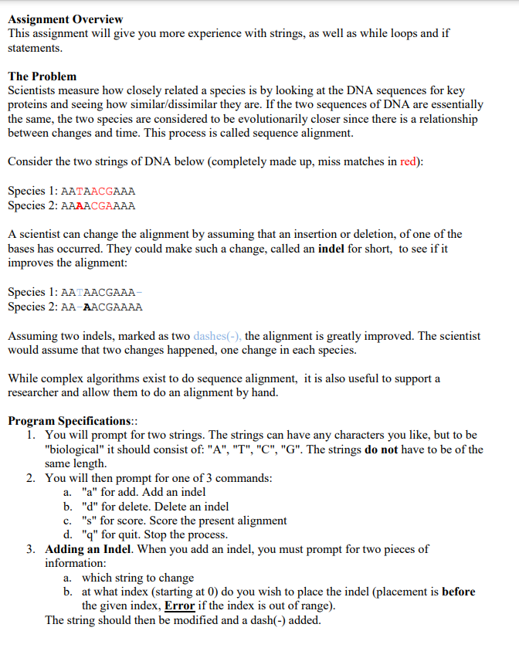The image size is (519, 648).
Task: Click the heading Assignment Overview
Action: pos(65,19)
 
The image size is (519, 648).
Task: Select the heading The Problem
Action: pos(42,76)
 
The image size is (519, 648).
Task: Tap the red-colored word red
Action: pos(409,162)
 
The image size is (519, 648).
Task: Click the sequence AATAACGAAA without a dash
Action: pos(97,191)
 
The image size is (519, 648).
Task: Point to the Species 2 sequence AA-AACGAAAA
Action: pos(101,307)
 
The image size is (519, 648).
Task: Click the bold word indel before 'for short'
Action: pos(333,249)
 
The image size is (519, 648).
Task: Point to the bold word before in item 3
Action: pos(459,592)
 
